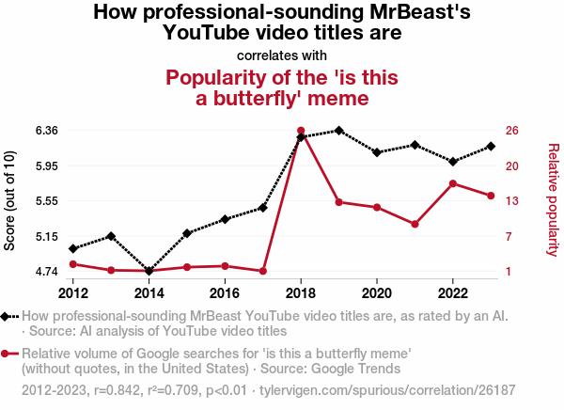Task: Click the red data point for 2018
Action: [301, 131]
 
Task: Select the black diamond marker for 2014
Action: [149, 271]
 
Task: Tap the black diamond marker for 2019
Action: [338, 131]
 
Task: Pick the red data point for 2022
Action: [453, 183]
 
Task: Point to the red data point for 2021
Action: [415, 224]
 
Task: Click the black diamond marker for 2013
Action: [111, 236]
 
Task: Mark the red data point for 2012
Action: [72, 264]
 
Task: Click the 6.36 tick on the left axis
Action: [44, 130]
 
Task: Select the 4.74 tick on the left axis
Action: [44, 272]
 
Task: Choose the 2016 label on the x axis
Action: [225, 293]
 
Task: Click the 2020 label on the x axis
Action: [377, 293]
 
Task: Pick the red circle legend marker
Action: [7, 354]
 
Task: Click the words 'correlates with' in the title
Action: [282, 55]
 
